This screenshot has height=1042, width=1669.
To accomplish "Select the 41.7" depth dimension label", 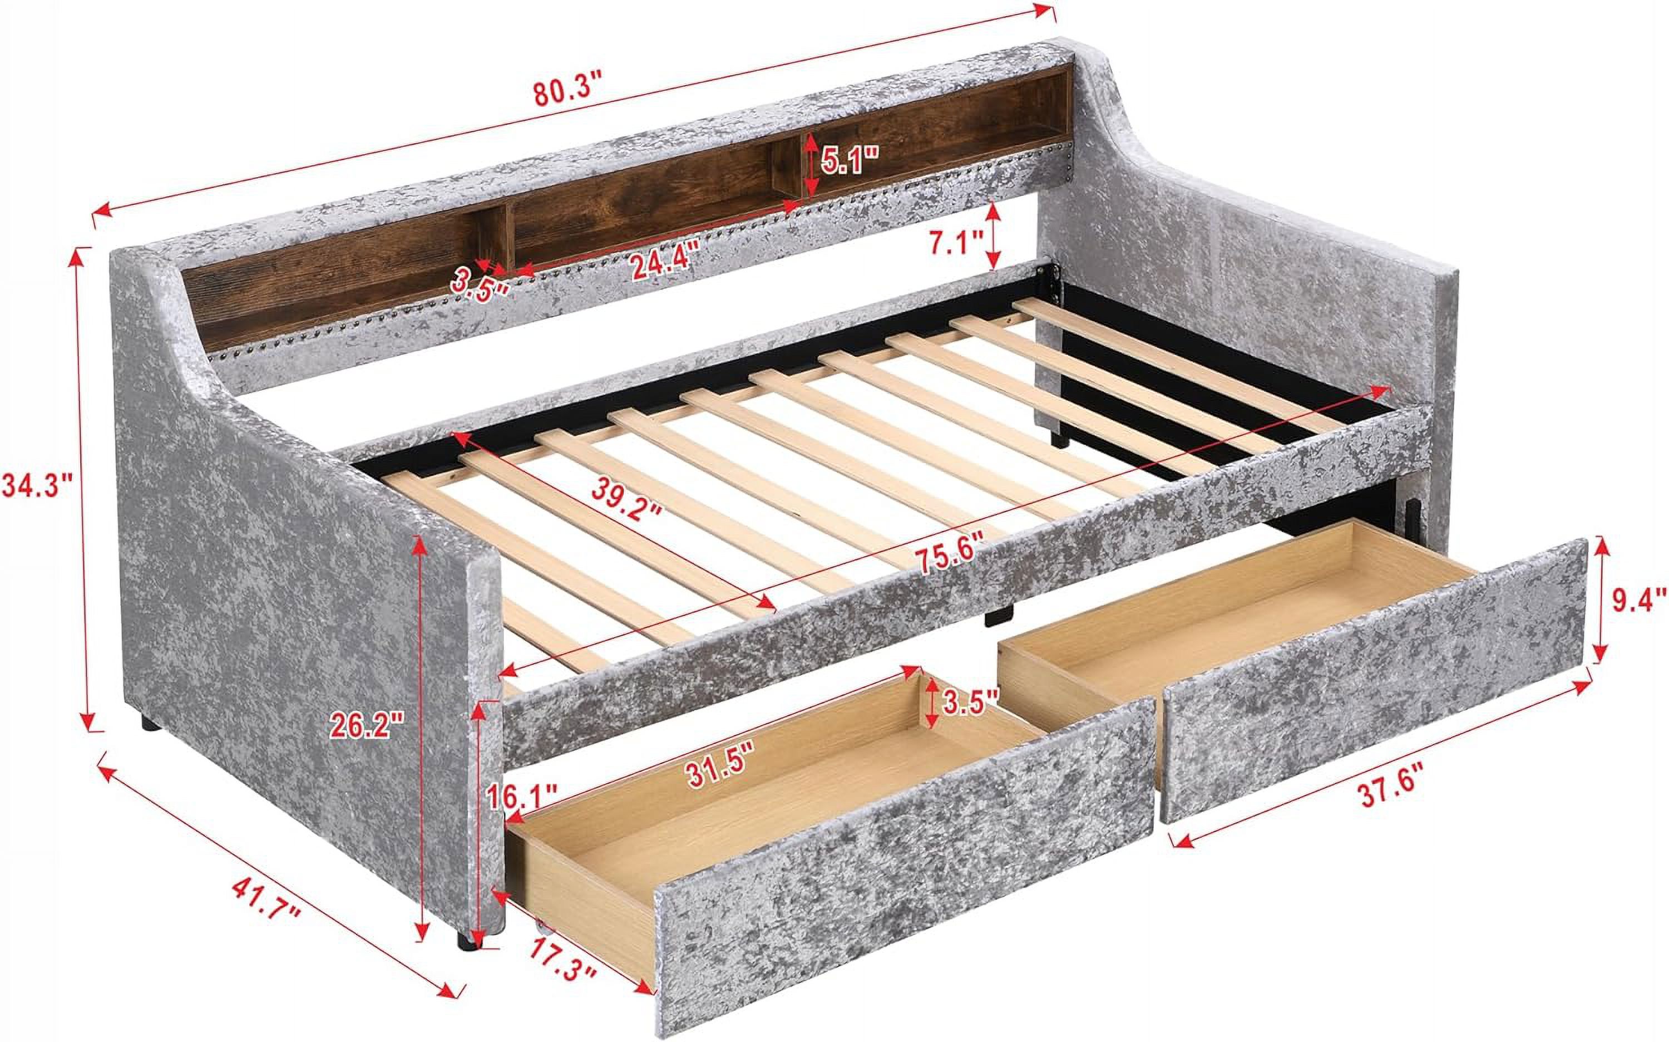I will pyautogui.click(x=267, y=908).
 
